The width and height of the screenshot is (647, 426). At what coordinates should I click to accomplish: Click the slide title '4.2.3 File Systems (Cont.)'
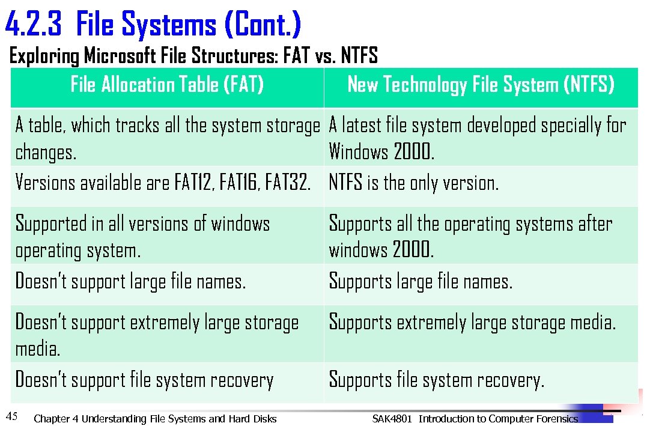[153, 25]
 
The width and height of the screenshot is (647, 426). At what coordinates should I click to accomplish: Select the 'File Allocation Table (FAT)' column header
[167, 85]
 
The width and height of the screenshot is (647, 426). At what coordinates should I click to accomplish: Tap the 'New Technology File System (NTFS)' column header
[481, 85]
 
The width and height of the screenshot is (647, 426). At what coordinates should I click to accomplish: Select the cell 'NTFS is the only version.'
[413, 182]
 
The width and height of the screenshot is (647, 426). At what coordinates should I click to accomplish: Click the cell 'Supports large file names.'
[421, 281]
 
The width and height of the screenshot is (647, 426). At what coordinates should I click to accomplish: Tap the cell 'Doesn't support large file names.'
[130, 281]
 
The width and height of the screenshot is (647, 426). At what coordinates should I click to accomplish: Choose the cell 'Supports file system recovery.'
[436, 380]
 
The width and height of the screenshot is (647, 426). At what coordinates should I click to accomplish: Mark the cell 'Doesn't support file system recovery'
[144, 380]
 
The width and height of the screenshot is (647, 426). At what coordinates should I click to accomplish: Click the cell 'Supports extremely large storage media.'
[472, 323]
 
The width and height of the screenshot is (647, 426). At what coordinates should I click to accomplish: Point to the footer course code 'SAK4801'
[392, 419]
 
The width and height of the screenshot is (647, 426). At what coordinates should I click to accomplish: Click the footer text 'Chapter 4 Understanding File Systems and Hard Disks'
[156, 419]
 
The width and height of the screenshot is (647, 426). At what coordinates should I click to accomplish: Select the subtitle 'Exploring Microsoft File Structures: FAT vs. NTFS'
[193, 56]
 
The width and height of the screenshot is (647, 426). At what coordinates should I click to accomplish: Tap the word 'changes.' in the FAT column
[46, 153]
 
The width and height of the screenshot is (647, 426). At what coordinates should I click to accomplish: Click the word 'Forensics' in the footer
[556, 419]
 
